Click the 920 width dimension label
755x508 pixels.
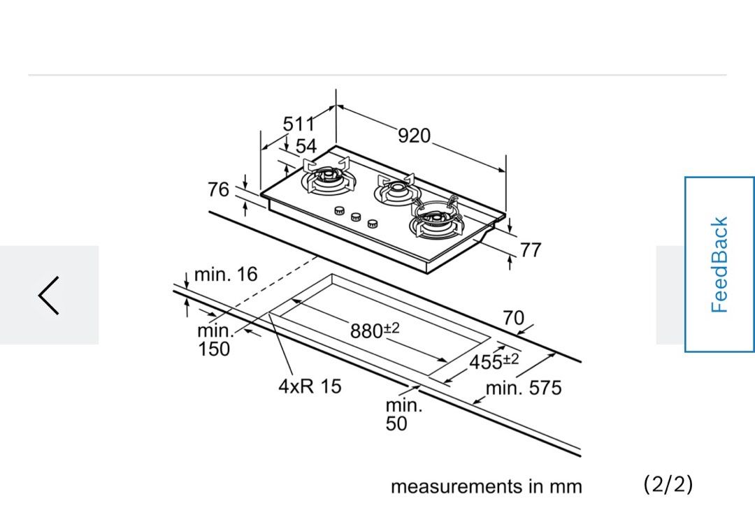point(415,136)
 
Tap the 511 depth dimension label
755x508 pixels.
point(299,124)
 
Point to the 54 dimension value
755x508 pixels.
point(305,147)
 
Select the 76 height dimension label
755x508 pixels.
point(219,189)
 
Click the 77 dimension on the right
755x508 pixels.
point(531,250)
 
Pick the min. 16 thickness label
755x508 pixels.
point(226,275)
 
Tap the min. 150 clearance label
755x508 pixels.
point(214,340)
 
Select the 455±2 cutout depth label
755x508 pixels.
point(494,361)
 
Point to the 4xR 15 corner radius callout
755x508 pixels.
point(310,386)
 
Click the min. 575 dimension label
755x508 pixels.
point(524,389)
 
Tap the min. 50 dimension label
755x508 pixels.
point(403,414)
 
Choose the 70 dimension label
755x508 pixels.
point(513,319)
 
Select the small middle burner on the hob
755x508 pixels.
point(396,189)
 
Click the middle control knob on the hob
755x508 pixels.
point(355,217)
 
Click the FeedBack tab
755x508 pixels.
point(719,264)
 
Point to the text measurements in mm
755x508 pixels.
point(486,486)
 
